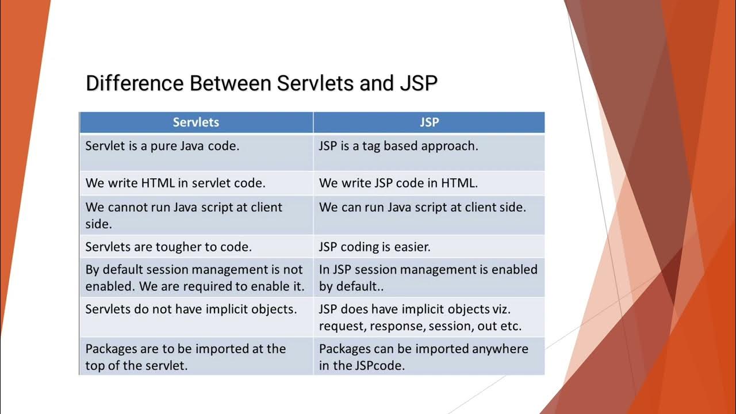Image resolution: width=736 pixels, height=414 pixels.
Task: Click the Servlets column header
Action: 195,122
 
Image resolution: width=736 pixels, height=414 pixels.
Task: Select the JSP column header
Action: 429,122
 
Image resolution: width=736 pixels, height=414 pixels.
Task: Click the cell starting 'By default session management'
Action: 195,277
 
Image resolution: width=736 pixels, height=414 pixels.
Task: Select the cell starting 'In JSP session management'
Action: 428,277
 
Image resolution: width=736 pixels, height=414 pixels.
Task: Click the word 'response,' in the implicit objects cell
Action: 397,326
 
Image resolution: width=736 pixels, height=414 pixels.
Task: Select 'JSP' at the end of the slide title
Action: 418,83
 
